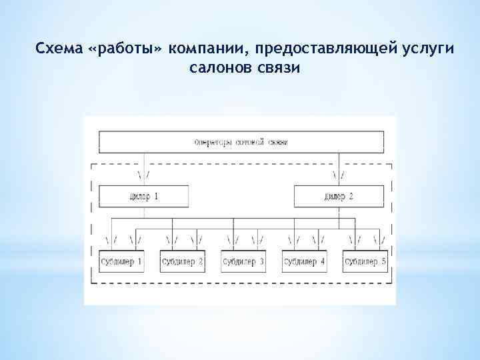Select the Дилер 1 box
[x=143, y=197]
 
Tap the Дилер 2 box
[x=339, y=197]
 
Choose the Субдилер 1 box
[x=121, y=262]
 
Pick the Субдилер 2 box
[x=182, y=262]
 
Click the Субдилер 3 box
[x=243, y=262]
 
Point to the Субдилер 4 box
[x=304, y=262]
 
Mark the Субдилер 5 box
[x=365, y=262]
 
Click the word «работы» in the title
[x=125, y=49]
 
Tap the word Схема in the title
[x=59, y=49]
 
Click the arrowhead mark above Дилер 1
[x=143, y=175]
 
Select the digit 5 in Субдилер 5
[x=383, y=262]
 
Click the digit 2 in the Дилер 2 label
[x=351, y=197]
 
